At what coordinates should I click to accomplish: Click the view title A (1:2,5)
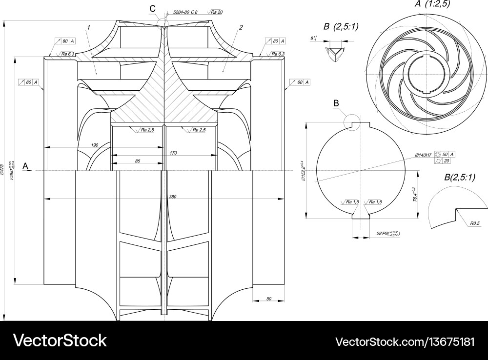coord(433,4)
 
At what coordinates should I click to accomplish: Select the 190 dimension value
coord(95,145)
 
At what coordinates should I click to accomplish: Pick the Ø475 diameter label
coord(3,169)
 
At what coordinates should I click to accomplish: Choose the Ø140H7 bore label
coord(423,155)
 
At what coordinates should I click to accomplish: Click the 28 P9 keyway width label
coord(387,234)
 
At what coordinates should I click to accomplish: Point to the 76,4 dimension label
coord(415,195)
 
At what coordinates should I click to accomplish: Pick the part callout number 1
coord(88,28)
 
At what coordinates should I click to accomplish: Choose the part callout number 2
coord(241,28)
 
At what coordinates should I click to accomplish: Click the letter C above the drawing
coord(153,8)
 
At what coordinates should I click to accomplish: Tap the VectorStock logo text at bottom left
coord(60,340)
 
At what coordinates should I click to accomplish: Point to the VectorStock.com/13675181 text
coord(406,340)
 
